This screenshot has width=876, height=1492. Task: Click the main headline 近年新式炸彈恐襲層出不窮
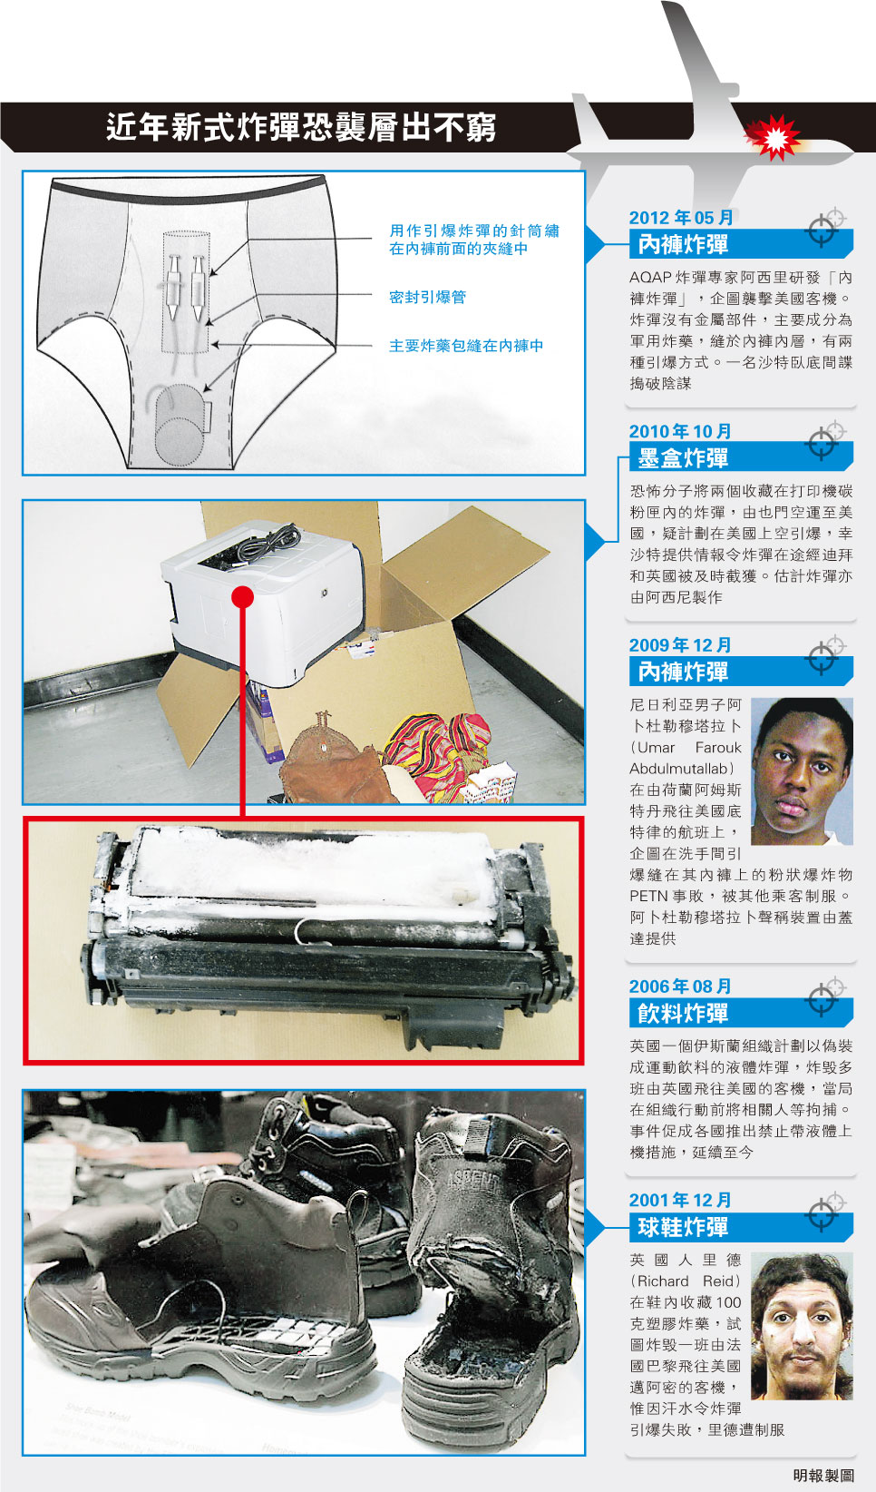[301, 126]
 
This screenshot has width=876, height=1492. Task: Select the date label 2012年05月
[681, 217]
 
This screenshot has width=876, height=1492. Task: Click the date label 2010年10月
[680, 431]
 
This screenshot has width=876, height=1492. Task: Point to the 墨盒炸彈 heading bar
[741, 457]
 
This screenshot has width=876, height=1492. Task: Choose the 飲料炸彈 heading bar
[741, 1013]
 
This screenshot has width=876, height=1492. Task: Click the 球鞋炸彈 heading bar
[741, 1226]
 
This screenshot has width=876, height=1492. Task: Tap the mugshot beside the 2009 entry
[803, 771]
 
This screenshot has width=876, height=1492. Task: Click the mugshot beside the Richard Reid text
[803, 1326]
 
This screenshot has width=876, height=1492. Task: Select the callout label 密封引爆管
[427, 297]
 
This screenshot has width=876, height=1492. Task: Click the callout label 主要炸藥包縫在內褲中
[466, 346]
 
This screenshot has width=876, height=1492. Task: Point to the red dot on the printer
[243, 597]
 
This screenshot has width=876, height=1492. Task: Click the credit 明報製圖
[823, 1475]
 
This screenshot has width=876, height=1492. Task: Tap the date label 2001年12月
[680, 1200]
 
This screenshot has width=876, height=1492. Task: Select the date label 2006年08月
[680, 986]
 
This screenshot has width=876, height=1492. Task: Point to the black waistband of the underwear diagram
[189, 188]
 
